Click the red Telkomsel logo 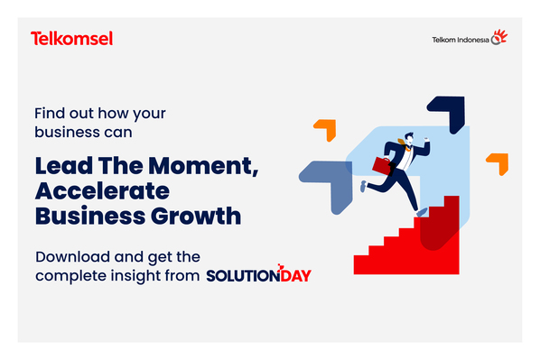(x=71, y=39)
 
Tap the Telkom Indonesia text (x=460, y=40)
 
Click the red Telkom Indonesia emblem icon (x=498, y=38)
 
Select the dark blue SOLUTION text (x=241, y=275)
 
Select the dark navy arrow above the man (x=445, y=114)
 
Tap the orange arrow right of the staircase (x=498, y=162)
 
